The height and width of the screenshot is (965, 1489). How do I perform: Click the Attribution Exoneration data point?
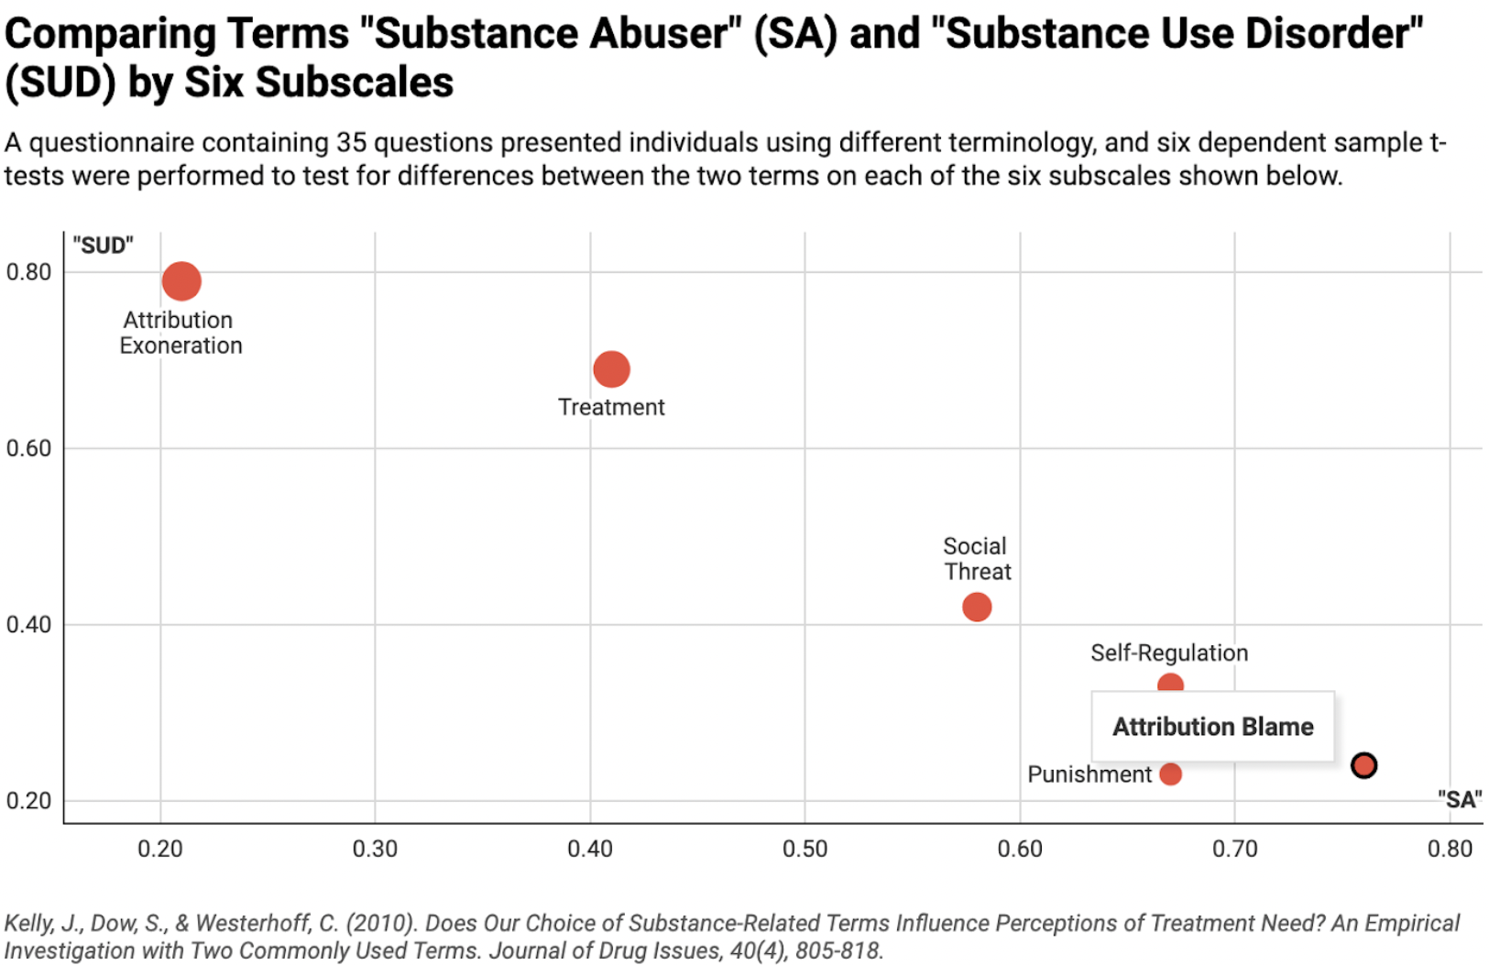point(181,280)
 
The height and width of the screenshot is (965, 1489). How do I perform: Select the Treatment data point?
point(611,369)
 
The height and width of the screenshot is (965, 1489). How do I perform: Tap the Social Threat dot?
point(977,607)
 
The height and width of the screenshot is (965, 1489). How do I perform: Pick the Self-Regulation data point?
point(1170,683)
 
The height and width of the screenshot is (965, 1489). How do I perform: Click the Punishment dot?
point(1170,773)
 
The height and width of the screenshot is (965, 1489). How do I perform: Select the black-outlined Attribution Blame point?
point(1363,764)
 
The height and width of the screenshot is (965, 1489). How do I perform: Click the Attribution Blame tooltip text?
point(1212,727)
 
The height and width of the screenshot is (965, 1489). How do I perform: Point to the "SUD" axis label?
point(103,246)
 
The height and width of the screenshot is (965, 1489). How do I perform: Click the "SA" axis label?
point(1459,799)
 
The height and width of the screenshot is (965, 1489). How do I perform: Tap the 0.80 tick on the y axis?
point(28,272)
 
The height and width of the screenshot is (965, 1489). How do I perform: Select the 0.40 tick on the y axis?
point(28,625)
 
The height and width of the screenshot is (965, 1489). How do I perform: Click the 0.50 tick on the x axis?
point(805,849)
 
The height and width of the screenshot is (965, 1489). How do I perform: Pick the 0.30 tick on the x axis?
point(375,849)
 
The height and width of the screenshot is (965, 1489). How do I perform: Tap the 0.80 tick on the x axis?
point(1450,849)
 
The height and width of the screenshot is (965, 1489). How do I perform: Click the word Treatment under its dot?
point(611,407)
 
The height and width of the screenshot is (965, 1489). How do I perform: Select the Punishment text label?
point(1089,774)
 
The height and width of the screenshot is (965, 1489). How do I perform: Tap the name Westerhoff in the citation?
point(252,923)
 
